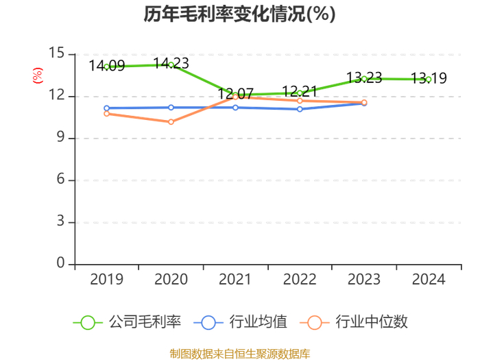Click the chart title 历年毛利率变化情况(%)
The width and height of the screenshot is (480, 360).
[240, 14]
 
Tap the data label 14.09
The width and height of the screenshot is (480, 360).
[107, 66]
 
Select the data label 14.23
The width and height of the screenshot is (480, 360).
[171, 63]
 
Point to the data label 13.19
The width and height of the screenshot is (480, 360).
[429, 78]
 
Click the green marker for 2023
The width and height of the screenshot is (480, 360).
[364, 79]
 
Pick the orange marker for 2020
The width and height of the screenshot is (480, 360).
[171, 122]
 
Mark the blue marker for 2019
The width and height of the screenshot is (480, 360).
[106, 108]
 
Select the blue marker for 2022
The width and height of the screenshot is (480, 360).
[300, 109]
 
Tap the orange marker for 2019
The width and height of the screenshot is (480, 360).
[106, 114]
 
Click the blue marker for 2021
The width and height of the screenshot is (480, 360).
[235, 108]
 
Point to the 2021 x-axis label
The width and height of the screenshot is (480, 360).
[235, 279]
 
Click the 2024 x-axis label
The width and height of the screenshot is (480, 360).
[429, 279]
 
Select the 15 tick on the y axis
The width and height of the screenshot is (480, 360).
[57, 53]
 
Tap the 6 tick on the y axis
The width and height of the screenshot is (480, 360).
[60, 179]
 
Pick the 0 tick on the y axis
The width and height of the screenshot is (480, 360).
[60, 263]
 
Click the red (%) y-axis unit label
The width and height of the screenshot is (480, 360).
[38, 75]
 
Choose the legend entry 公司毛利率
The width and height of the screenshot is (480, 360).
[127, 322]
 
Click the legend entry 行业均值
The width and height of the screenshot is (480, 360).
[241, 322]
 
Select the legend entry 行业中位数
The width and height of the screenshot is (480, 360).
[354, 322]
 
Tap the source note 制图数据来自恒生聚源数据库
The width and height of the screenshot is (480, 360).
[240, 354]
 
